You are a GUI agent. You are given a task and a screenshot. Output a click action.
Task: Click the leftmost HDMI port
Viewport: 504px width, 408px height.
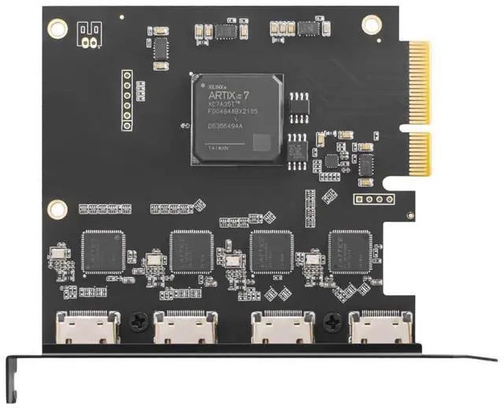87,328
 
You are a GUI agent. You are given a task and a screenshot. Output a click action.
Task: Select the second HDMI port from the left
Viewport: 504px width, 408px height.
185,328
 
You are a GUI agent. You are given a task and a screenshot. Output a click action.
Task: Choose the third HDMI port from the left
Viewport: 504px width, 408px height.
283,328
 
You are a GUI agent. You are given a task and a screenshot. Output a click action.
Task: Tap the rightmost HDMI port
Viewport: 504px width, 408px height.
380,328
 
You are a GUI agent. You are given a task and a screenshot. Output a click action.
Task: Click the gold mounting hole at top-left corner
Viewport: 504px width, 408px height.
57,28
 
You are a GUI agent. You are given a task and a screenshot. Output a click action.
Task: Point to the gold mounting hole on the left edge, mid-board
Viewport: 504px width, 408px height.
57,209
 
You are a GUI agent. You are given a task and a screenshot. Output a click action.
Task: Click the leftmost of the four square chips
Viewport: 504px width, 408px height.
103,252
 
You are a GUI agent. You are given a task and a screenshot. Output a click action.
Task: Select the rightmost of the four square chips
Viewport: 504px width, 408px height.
350,251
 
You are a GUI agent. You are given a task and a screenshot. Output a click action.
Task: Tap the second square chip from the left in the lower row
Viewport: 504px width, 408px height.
192,252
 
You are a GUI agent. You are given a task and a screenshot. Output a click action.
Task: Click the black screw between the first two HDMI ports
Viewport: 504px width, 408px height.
139,321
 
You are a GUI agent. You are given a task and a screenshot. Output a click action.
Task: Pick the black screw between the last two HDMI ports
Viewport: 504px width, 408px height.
332,321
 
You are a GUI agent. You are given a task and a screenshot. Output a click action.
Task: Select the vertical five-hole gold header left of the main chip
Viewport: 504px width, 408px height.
125,99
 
